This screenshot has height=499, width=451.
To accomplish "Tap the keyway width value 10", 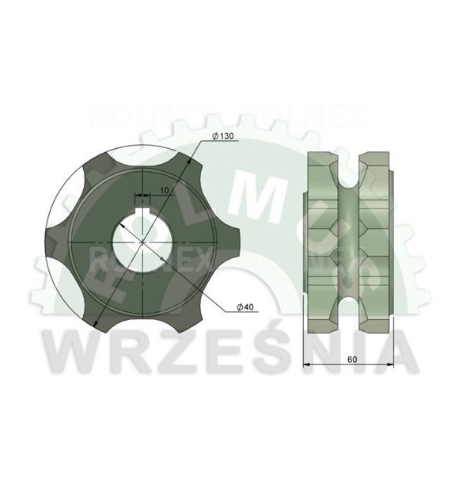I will [x=162, y=190].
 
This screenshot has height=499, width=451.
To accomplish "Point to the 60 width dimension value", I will [x=350, y=358].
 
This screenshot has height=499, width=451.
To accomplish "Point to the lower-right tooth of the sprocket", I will [x=185, y=313].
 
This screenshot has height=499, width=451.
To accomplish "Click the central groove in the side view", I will [x=349, y=238].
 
